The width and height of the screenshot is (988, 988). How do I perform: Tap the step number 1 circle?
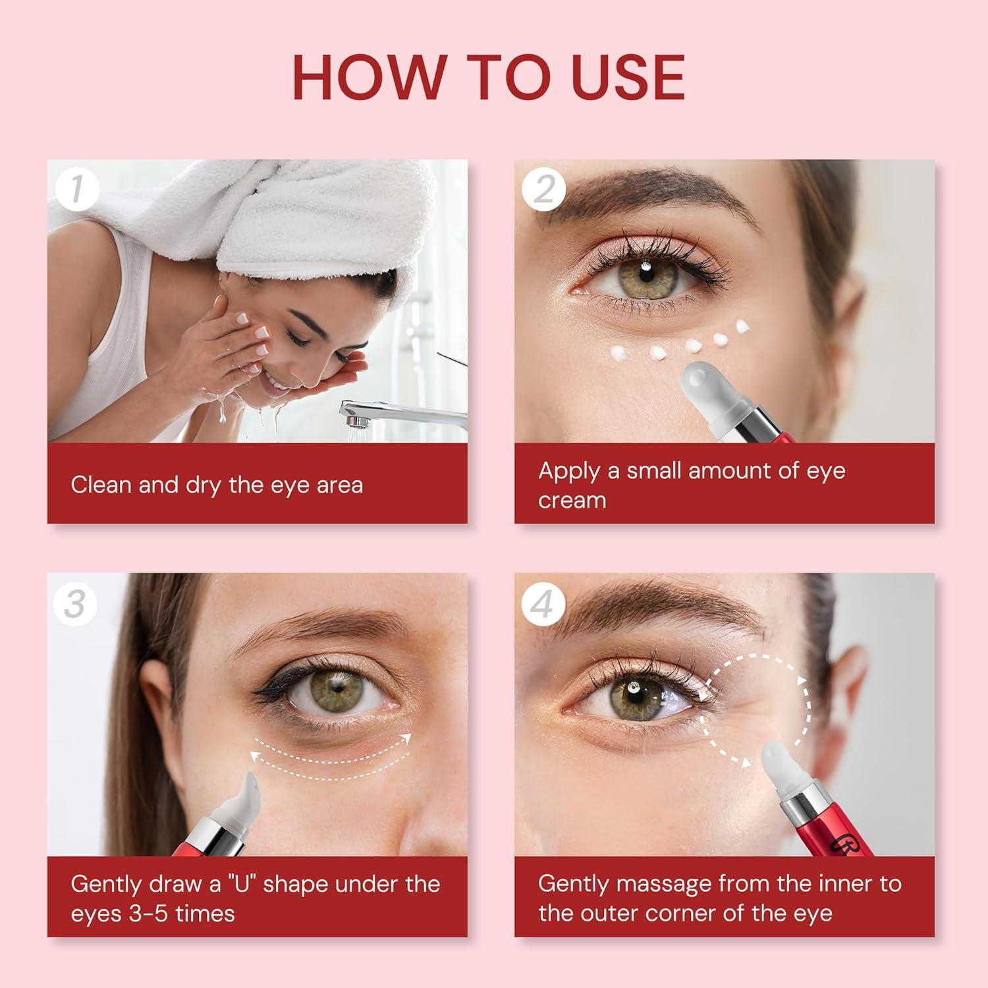tap(76, 190)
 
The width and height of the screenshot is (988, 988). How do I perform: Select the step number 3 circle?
tap(76, 603)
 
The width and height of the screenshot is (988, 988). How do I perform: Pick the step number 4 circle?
tap(543, 603)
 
